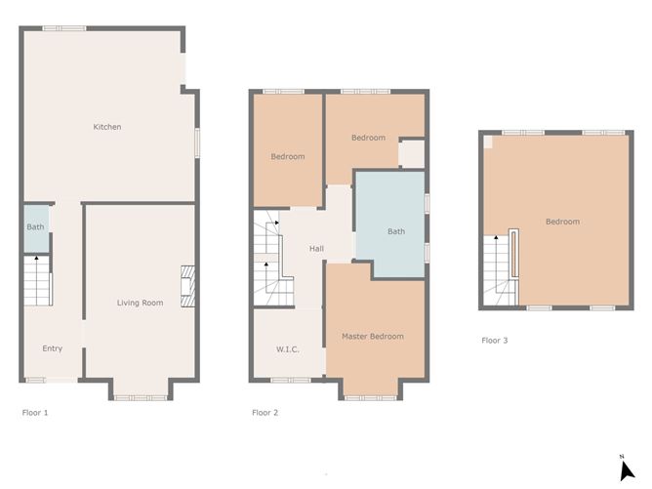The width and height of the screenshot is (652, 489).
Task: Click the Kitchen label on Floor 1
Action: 106,127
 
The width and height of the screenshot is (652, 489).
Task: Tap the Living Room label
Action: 140,303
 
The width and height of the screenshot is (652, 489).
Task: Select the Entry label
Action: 52,348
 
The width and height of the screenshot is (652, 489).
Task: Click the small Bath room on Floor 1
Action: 35,227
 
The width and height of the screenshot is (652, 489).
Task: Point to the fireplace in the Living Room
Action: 186,283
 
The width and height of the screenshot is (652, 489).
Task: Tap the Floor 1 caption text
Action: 35,413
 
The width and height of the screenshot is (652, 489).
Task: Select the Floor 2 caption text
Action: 265,413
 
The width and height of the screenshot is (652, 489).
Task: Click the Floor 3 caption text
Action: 494,341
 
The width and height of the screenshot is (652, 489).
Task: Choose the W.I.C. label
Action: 286,348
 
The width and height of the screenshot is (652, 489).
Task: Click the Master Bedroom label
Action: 372,337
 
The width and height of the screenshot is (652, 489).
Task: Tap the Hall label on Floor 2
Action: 316,249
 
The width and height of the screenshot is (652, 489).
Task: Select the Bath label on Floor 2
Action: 395,231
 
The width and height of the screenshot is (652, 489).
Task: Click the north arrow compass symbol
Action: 627,469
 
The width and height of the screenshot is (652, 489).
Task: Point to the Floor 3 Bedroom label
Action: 562,222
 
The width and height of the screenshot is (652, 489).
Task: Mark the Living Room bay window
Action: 143,396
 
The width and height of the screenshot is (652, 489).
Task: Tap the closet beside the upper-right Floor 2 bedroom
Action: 411,154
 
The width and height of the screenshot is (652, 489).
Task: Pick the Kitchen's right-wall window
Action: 198,142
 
